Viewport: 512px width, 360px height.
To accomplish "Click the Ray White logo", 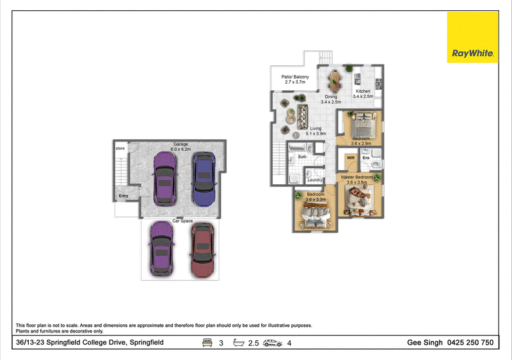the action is [x=472, y=37].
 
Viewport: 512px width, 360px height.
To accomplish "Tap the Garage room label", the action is [x=180, y=144].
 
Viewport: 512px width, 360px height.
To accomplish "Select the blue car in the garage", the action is [x=204, y=179].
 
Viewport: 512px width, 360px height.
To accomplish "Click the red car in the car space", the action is [x=202, y=250].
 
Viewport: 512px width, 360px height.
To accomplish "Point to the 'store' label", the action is [x=120, y=148].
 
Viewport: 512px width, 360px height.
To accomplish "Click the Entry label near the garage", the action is [x=124, y=196].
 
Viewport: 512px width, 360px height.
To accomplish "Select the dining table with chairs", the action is [x=335, y=82].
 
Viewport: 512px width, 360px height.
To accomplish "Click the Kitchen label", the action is [x=363, y=91].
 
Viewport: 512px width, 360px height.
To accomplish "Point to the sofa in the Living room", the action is [x=302, y=117].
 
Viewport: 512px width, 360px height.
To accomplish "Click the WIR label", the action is [x=351, y=158].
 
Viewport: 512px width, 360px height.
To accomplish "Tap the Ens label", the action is [x=366, y=158].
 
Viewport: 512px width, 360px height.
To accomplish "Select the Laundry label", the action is [x=315, y=180].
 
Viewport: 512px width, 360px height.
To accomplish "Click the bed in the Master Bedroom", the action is [x=360, y=200].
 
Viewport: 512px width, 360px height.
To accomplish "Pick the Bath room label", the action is [x=302, y=157].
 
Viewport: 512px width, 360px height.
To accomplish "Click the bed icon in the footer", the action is [x=207, y=342].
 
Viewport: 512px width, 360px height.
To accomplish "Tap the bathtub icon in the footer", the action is [x=239, y=342].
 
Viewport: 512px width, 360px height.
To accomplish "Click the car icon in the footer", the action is [x=273, y=343].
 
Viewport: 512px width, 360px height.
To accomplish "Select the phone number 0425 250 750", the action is [x=470, y=342].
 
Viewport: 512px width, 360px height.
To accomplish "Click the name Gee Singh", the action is [x=425, y=343].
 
